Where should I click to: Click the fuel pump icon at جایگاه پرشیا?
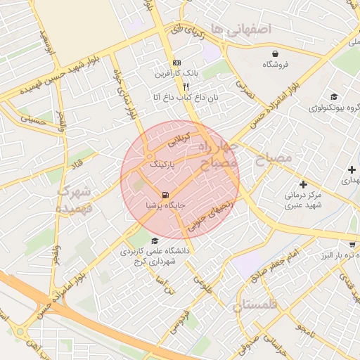click(x=165, y=195)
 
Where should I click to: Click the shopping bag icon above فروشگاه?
click(x=274, y=53)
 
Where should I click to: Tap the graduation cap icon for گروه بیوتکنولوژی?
click(x=333, y=97)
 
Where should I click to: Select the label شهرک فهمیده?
click(x=75, y=199)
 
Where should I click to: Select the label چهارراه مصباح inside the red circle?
click(x=218, y=157)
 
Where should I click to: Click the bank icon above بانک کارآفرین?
click(x=176, y=63)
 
